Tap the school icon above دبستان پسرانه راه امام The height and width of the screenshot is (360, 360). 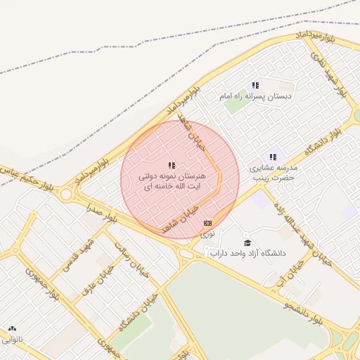point(255,85)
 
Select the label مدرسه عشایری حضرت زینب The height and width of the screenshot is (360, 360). point(274,173)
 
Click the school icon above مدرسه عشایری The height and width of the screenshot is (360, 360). point(273,157)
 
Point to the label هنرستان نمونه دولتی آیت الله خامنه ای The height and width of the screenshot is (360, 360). point(172,181)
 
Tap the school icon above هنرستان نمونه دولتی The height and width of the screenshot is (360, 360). point(172,165)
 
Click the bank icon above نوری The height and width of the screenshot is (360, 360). point(207,222)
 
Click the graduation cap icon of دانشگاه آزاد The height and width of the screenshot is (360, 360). point(247,243)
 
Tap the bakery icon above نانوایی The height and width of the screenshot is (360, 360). point(12,328)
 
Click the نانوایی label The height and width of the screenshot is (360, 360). point(12,339)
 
